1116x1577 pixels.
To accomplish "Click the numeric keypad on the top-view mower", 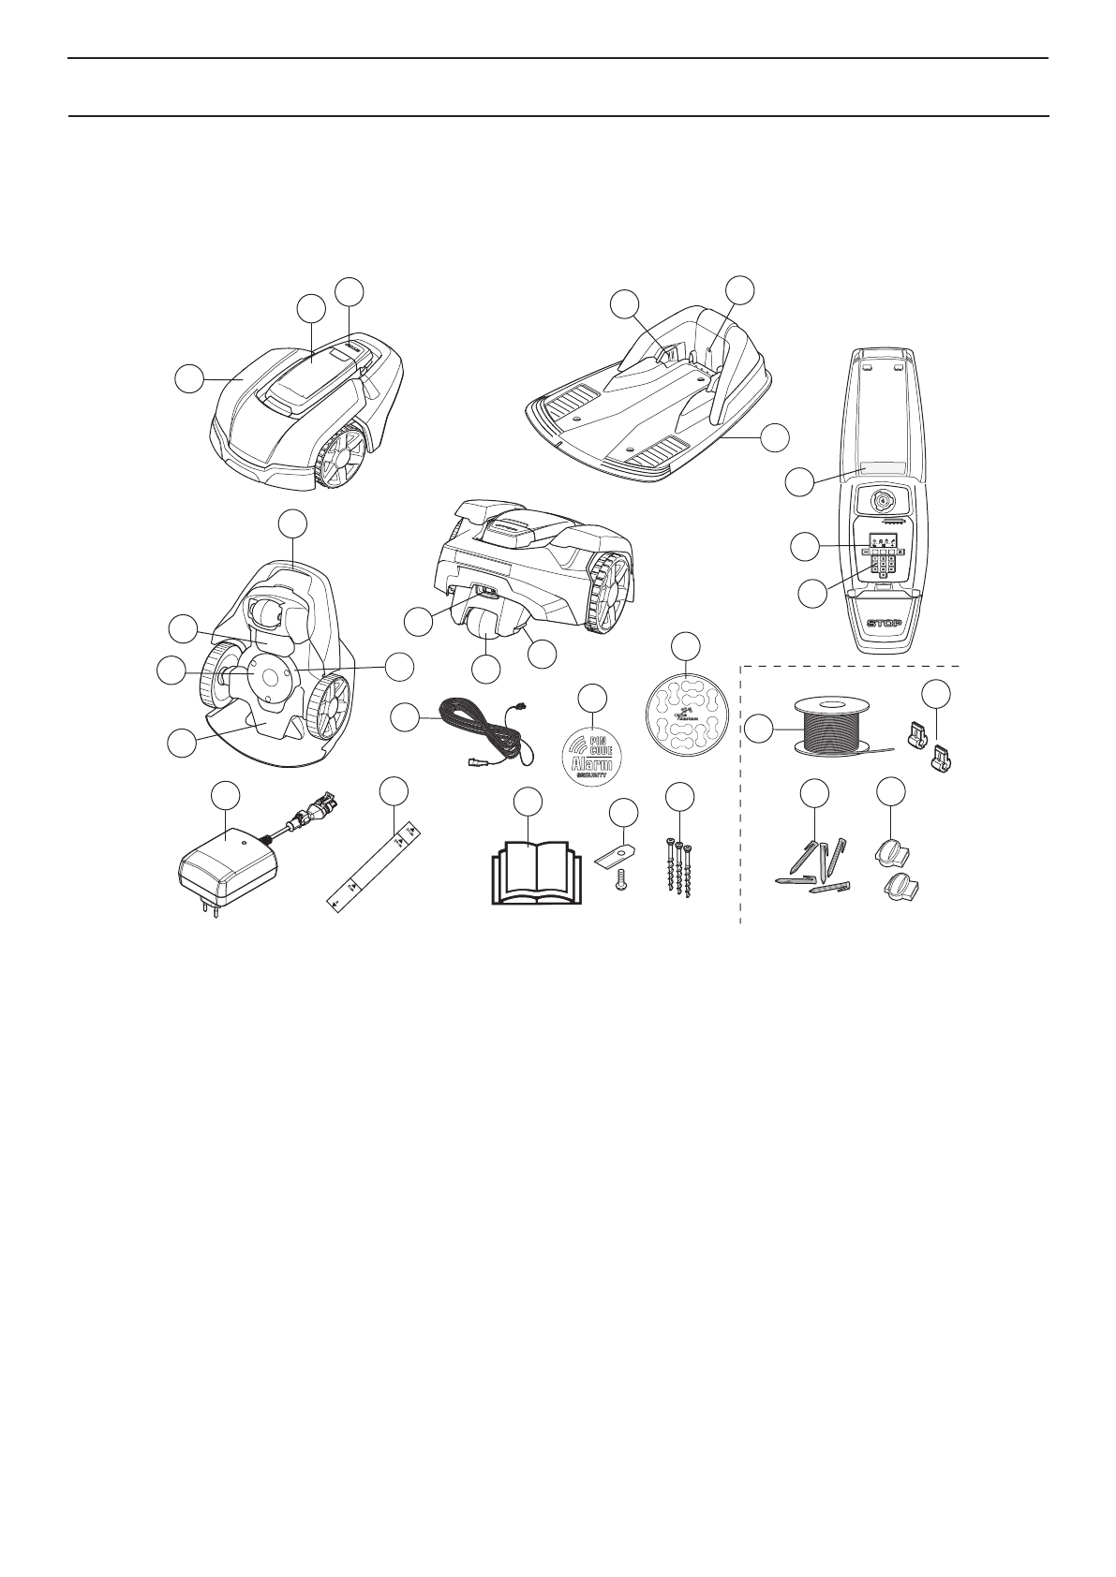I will click(884, 565).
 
